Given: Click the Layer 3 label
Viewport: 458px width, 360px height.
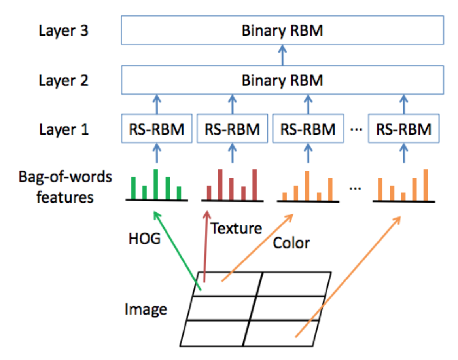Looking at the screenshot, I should click(63, 31).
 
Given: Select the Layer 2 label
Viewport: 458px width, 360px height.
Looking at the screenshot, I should click(63, 80).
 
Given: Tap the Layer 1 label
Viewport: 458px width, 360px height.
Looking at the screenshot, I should click(63, 129).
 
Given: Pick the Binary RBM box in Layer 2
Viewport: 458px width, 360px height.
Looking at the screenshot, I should click(282, 80).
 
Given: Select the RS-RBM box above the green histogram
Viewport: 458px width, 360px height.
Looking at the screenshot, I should click(156, 129).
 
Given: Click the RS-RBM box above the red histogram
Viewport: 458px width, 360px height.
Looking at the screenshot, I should click(233, 129).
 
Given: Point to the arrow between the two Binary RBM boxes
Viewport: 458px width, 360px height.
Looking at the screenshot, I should click(282, 55).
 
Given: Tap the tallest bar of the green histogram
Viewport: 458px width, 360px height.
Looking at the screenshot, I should click(156, 184).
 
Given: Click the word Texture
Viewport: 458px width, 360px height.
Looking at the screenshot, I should click(236, 228).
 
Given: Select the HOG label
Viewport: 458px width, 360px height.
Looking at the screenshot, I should click(145, 239).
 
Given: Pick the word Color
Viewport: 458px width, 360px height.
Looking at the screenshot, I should click(291, 243).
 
